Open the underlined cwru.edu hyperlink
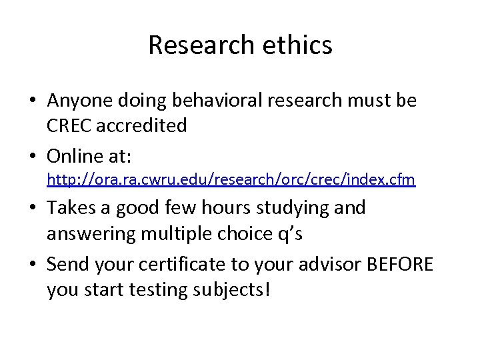(231, 180)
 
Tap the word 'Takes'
(71, 208)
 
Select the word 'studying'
(297, 209)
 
